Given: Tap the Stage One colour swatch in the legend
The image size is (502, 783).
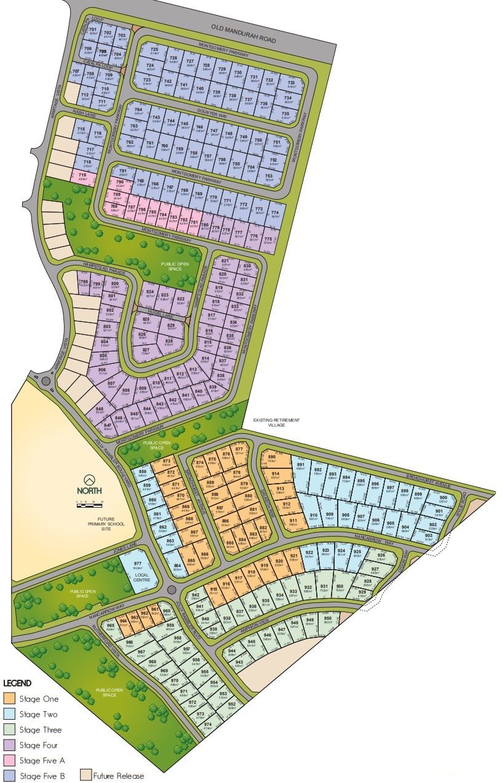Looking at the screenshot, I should click(x=9, y=699).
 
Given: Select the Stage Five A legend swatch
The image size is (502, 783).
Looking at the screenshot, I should click(x=9, y=760).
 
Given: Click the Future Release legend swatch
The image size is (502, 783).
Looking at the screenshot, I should click(x=86, y=776).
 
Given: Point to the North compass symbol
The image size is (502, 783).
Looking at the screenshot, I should click(x=90, y=479).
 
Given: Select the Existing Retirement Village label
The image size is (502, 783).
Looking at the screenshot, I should click(x=276, y=423).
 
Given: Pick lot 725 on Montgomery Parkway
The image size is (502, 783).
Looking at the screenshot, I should click(x=154, y=52).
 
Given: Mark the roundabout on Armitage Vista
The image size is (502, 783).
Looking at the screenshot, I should click(x=46, y=381).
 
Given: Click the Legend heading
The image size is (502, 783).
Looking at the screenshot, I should click(x=17, y=683).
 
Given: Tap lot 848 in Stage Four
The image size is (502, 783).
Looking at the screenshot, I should click(x=100, y=411).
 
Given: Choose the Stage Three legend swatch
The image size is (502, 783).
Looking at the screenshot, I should click(x=9, y=730).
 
